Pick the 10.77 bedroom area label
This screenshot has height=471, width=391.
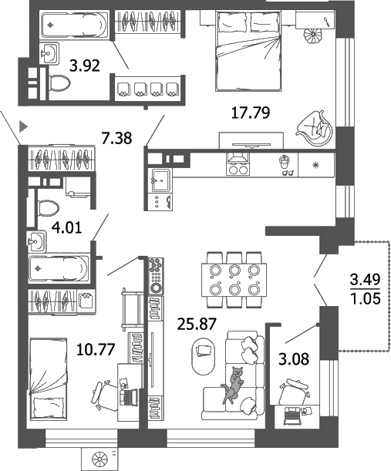(x=97, y=348)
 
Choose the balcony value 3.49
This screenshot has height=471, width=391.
(x=366, y=279)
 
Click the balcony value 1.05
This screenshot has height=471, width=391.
(x=366, y=298)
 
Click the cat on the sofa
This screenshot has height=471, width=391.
(x=232, y=385)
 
